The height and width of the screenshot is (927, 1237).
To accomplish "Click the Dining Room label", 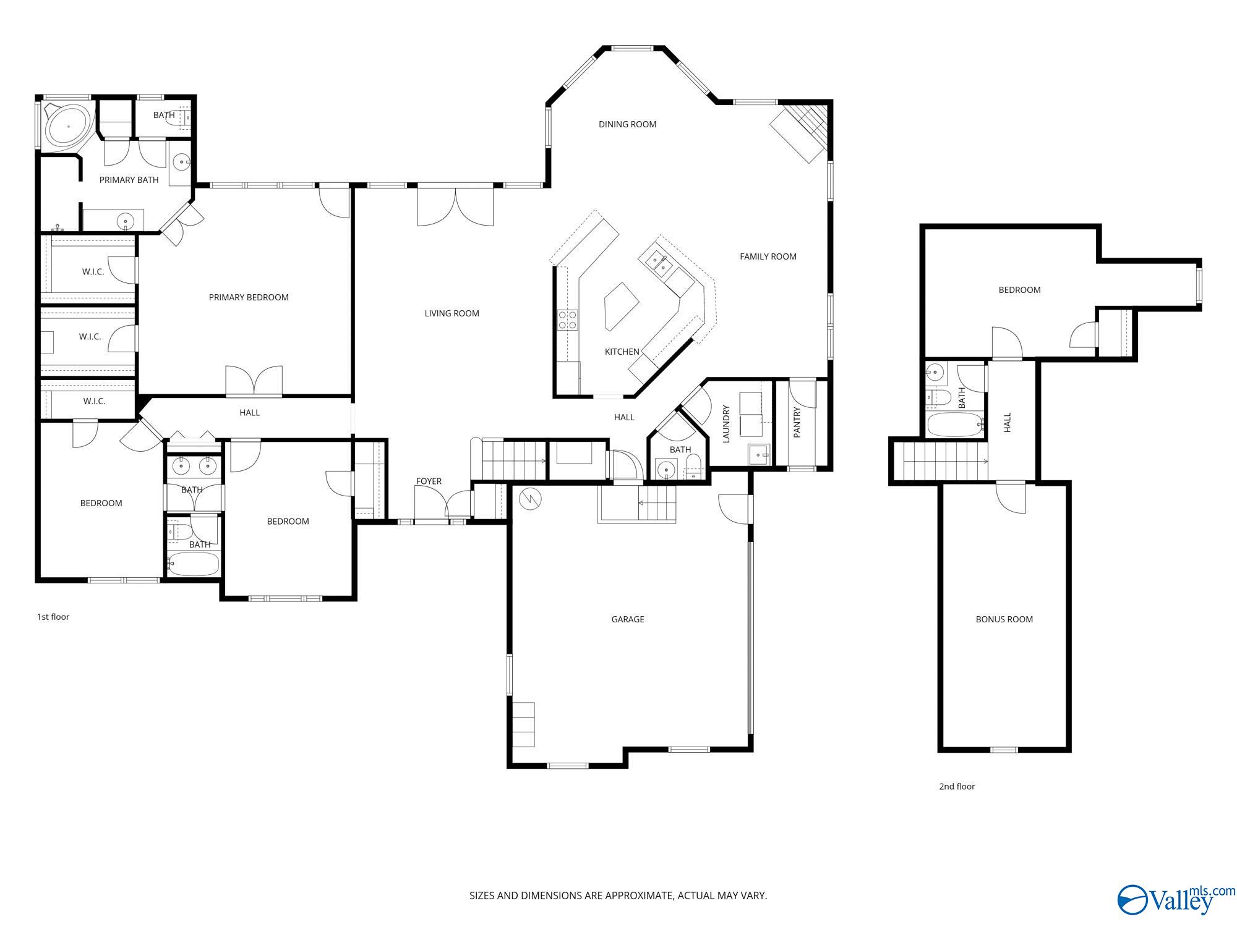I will [627, 124].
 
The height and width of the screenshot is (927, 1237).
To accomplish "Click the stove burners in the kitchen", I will [568, 320].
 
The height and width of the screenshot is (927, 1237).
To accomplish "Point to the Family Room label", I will [768, 256].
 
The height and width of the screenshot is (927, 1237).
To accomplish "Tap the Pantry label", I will [797, 423].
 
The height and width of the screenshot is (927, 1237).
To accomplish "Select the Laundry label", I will [727, 424].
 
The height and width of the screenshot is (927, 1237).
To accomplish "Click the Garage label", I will [628, 619].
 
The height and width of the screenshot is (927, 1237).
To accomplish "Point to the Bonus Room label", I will [1004, 619].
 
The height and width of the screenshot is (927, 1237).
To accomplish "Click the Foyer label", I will [429, 481].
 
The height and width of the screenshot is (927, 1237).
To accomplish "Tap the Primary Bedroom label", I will [249, 297].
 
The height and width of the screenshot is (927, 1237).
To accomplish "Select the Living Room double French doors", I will [455, 206].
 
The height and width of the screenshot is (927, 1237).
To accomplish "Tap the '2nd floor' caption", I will [957, 787].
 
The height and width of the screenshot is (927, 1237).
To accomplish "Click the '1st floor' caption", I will [53, 617].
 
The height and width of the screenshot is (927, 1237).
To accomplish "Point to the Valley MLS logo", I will [1175, 900].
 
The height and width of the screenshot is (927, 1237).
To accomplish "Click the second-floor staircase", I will [943, 461].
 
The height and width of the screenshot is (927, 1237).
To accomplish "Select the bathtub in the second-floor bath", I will [954, 425].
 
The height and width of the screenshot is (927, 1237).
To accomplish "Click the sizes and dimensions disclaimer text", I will [618, 895].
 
